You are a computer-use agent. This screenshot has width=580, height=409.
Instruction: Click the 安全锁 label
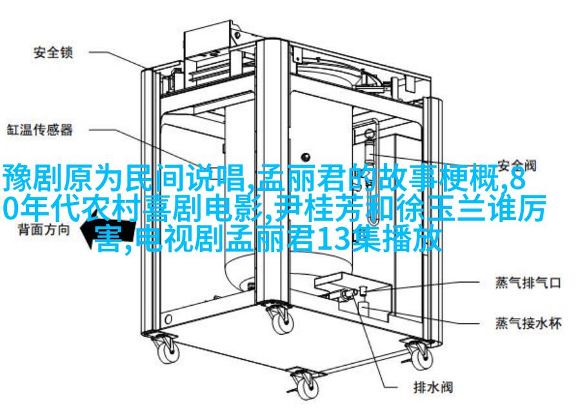point(54,52)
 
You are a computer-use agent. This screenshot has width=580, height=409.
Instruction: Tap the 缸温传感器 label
point(40,130)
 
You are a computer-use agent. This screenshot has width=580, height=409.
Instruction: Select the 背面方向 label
point(44,230)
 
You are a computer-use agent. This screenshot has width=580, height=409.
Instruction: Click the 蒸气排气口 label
point(528,283)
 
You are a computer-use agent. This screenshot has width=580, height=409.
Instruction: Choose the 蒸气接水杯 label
point(528,324)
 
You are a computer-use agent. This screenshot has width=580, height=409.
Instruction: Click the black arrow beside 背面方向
point(107,232)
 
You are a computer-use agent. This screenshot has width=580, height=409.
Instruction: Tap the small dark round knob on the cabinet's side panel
point(306,156)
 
